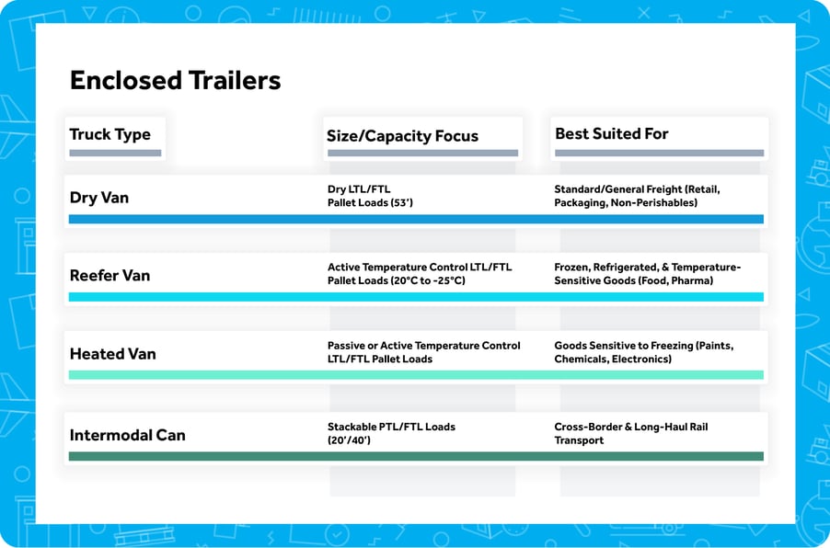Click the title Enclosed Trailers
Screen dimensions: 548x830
point(175,80)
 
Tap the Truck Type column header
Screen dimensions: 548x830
point(110,134)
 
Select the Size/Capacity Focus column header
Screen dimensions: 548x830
point(402,136)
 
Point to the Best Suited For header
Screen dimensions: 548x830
point(611,134)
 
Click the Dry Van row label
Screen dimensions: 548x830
point(99,197)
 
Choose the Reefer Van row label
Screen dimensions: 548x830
point(110,275)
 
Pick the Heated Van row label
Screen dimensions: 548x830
point(112,353)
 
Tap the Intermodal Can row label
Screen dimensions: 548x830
point(127,435)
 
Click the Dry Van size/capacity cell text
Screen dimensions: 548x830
point(370,196)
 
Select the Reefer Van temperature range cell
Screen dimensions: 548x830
point(420,274)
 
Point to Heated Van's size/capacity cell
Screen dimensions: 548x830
point(423,352)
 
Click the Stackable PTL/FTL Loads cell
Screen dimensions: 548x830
point(391,433)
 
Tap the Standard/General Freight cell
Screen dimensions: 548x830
point(637,196)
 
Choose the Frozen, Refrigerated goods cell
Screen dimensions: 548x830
point(647,274)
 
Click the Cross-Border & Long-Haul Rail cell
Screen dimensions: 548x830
point(630,433)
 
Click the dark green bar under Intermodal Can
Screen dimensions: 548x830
point(416,456)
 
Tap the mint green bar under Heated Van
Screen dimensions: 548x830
point(416,375)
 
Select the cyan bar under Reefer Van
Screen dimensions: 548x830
point(416,297)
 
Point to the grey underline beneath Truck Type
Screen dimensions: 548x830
point(115,153)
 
